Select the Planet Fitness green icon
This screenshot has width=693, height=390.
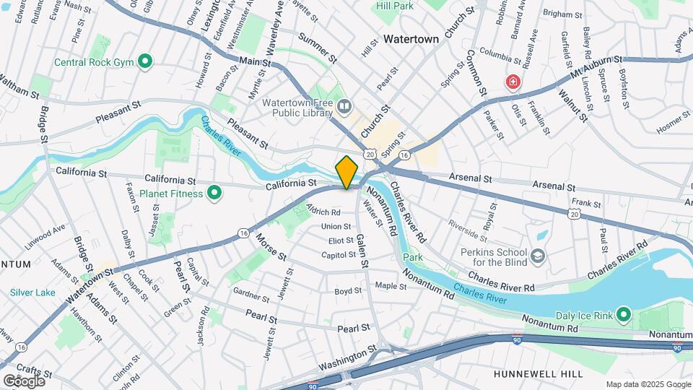coord(214,193)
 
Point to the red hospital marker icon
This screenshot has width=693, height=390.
coord(513,82)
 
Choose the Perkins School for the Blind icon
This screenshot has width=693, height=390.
coord(538,256)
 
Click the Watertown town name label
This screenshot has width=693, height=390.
coord(411,39)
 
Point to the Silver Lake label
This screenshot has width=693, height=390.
coord(32,292)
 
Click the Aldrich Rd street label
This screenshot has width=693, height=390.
coord(323,212)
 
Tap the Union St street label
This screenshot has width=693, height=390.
coord(336,227)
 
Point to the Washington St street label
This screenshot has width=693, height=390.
coord(348,352)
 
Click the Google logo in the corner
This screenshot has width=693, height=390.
coord(23,381)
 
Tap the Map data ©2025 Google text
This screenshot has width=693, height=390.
coord(648,383)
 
